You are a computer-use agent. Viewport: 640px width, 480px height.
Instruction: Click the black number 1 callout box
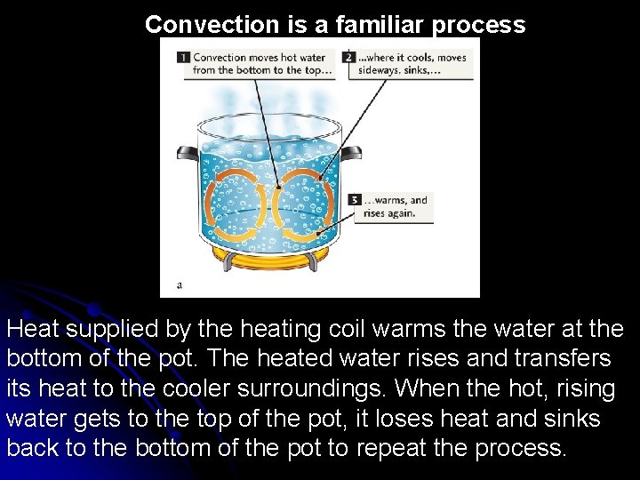coord(183,57)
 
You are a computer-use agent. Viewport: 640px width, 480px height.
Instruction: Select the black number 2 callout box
coord(349,57)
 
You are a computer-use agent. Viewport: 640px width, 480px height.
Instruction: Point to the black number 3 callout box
coord(356,200)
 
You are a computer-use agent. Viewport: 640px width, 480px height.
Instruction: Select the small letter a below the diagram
coord(180,285)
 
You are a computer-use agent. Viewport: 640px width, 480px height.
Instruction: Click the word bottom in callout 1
coord(251,69)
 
